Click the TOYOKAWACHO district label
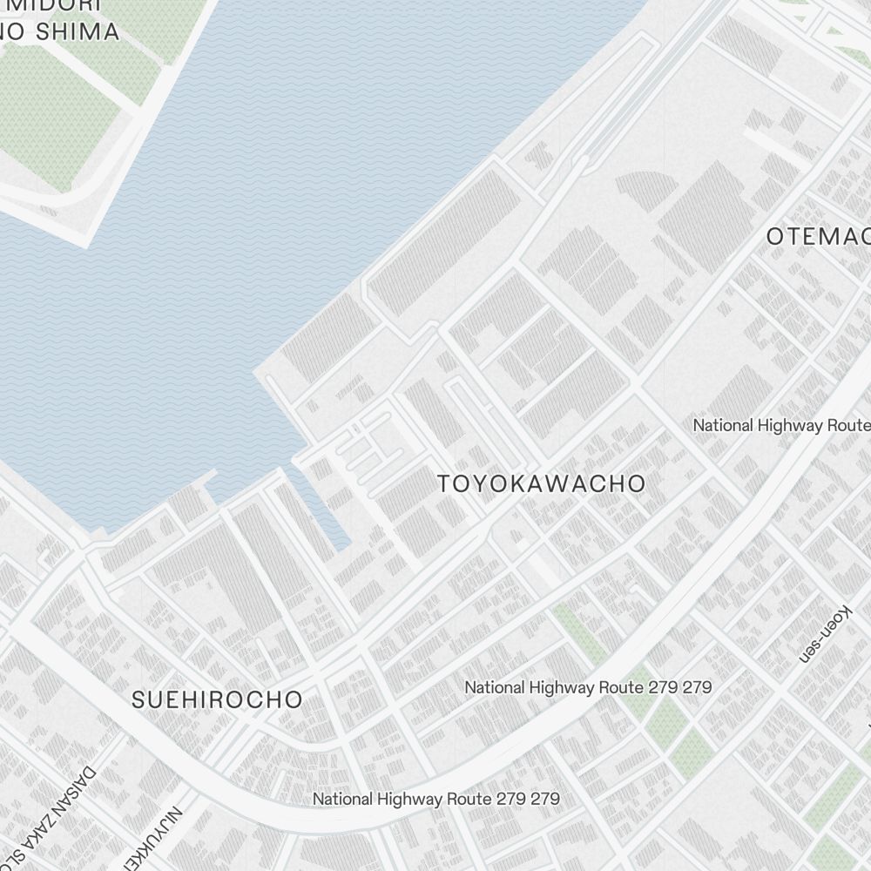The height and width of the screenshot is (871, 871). click(x=541, y=484)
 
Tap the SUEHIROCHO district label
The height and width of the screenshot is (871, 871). click(x=217, y=699)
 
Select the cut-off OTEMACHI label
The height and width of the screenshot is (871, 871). click(x=818, y=236)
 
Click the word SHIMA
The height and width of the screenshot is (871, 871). click(x=76, y=32)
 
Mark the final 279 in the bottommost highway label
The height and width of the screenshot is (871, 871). click(x=545, y=799)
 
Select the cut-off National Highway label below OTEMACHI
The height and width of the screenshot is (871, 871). click(x=781, y=426)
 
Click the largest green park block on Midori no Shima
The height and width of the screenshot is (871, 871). click(x=57, y=113)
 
